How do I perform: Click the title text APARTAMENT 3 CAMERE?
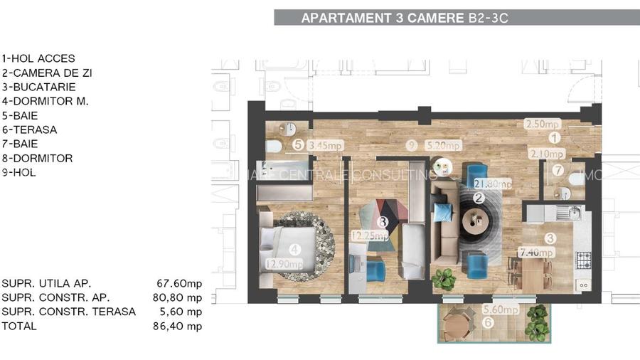(x=383, y=18)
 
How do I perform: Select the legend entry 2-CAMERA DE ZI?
(x=47, y=73)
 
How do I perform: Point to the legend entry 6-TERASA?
(x=29, y=129)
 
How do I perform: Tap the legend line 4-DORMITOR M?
(x=45, y=101)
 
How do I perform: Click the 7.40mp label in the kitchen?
(x=536, y=253)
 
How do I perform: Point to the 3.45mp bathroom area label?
(x=326, y=146)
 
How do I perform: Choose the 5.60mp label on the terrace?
(x=501, y=309)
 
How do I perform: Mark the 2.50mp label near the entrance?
(x=543, y=124)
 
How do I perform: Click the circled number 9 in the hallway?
(x=411, y=145)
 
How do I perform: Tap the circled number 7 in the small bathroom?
(x=558, y=171)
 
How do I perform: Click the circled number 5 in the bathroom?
(x=298, y=145)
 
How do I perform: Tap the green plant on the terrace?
(x=538, y=323)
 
